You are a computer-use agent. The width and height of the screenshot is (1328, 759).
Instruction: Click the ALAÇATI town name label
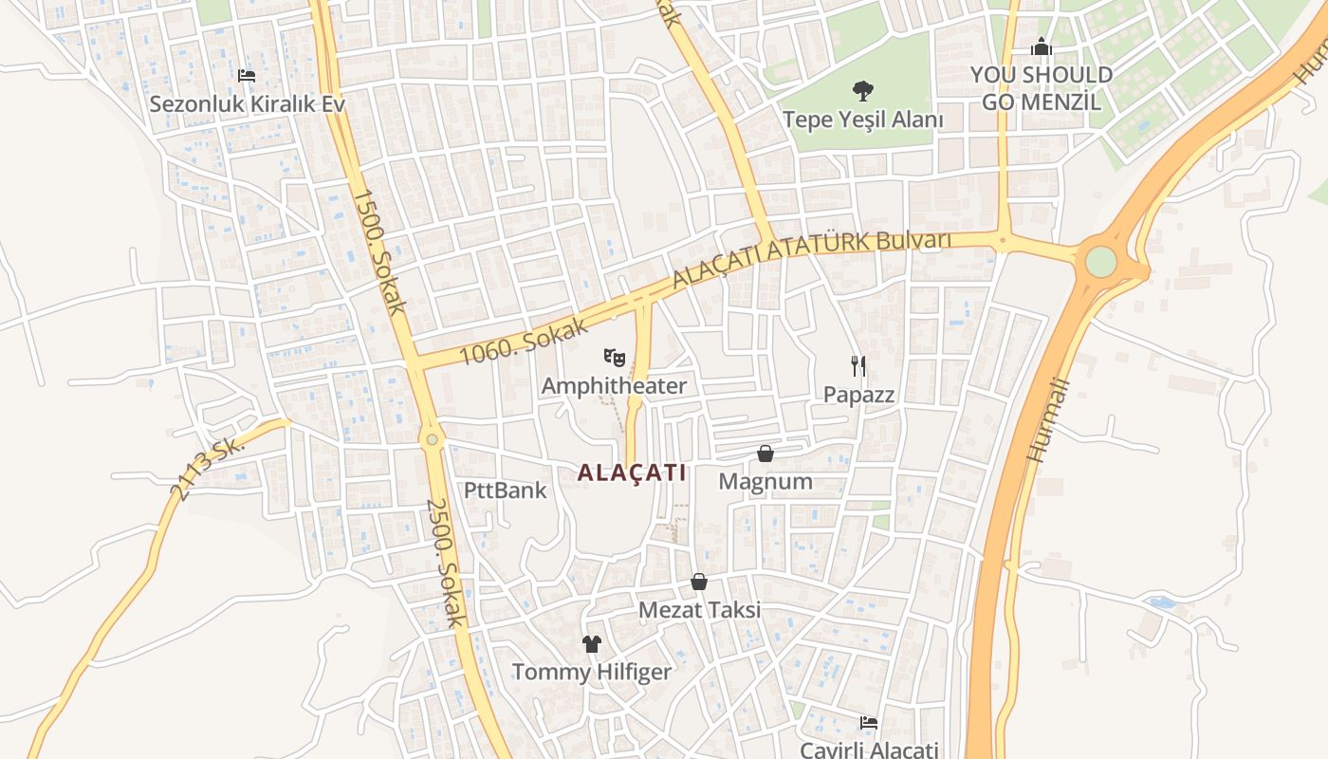click(x=632, y=472)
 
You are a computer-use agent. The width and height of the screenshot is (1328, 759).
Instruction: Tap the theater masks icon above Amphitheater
click(x=615, y=358)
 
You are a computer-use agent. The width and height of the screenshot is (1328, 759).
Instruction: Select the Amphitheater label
click(x=614, y=386)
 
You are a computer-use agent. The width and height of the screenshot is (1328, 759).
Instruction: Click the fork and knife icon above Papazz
click(x=858, y=365)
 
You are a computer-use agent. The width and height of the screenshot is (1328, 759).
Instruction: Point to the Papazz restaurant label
click(x=858, y=395)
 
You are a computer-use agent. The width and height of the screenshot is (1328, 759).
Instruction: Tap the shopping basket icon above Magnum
click(x=765, y=454)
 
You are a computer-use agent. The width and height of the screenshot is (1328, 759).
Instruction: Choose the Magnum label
click(x=765, y=481)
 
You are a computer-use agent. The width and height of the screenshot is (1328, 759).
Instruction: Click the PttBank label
click(x=506, y=490)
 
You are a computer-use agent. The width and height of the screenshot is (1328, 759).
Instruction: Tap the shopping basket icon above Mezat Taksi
click(x=699, y=581)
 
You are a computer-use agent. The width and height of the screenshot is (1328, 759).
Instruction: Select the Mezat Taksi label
click(x=699, y=609)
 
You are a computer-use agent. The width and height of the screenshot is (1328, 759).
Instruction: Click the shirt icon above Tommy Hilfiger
click(x=592, y=644)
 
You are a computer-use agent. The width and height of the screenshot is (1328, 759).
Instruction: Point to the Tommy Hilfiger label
click(x=592, y=672)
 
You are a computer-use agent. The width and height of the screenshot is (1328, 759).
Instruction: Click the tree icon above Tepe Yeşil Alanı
click(x=862, y=91)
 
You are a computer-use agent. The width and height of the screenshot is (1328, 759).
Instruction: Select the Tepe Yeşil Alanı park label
click(x=862, y=120)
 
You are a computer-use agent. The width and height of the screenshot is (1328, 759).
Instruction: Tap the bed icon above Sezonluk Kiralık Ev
click(x=247, y=75)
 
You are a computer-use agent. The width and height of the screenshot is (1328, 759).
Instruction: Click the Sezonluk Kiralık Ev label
click(x=247, y=103)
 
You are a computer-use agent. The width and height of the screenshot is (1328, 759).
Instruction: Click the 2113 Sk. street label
click(x=207, y=468)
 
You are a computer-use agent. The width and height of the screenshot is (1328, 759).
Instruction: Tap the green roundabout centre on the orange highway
click(x=1100, y=261)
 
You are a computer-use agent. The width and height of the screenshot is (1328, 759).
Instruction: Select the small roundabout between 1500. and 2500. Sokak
click(x=433, y=438)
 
